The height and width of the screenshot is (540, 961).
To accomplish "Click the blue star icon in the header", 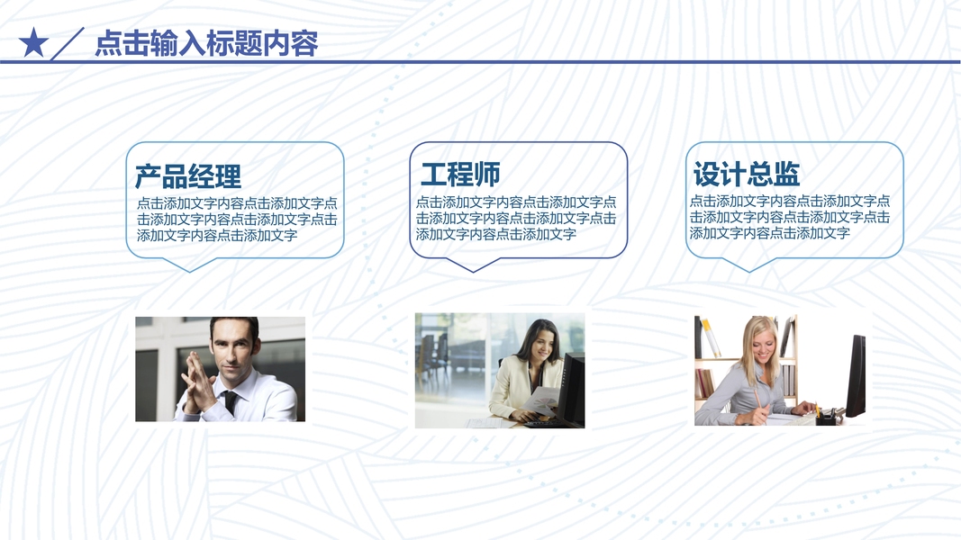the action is coord(33,43).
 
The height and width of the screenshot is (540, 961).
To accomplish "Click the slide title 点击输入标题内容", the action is coord(206,43).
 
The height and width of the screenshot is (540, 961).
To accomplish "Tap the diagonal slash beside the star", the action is coord(67,43).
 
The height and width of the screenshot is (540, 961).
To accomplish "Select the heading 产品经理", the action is coord(188,176).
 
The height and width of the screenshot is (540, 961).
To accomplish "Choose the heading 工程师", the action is coord(460,175).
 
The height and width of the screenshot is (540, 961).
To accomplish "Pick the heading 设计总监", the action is coord(747,174).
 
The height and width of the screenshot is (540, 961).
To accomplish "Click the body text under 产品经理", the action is coord(237,220).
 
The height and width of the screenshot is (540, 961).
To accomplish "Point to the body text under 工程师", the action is coord(516,218).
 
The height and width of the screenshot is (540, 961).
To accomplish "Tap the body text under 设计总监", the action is coord(789,217).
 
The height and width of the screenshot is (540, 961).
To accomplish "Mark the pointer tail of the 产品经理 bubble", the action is coord(190,265).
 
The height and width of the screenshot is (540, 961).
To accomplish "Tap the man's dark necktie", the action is coord(231,403).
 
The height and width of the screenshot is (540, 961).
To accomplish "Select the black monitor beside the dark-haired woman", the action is coord(571,390).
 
